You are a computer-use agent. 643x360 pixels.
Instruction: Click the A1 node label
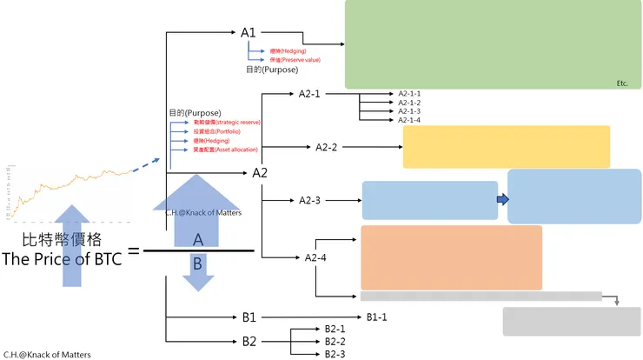click(x=249, y=33)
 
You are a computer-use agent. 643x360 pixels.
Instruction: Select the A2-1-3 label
click(x=409, y=111)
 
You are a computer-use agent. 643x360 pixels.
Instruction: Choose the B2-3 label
click(x=335, y=354)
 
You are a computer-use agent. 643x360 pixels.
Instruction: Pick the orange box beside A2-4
click(x=451, y=257)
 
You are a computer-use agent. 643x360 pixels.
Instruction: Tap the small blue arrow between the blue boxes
click(x=502, y=200)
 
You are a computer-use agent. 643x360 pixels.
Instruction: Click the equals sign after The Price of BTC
click(x=134, y=251)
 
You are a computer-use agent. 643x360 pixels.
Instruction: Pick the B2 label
click(x=249, y=341)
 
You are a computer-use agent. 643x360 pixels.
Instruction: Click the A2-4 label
click(x=315, y=257)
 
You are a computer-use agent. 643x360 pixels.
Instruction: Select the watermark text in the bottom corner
click(x=47, y=355)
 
